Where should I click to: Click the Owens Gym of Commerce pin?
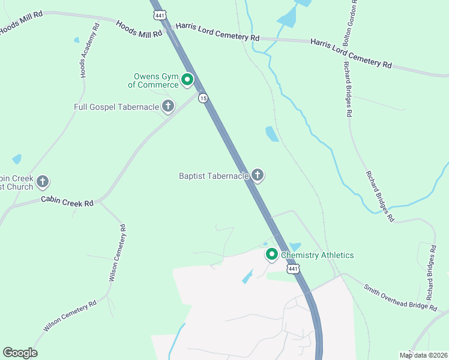pos(187,79)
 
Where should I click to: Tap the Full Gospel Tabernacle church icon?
pos(168,107)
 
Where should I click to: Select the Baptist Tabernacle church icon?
pos(258,175)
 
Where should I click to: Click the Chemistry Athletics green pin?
pos(271,255)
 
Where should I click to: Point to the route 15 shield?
pos(204,98)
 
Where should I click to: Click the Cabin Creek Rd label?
pos(67,202)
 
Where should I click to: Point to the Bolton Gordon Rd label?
pos(350,22)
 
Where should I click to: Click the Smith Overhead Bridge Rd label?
pos(400,297)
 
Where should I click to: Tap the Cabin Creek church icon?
pos(43,181)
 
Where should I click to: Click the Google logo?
pos(20,353)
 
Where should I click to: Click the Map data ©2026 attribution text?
pos(423,355)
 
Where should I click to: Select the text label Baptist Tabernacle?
pos(214,176)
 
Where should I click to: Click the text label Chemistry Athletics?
pos(318,255)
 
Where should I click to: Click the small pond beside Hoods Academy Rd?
pos(76,40)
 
